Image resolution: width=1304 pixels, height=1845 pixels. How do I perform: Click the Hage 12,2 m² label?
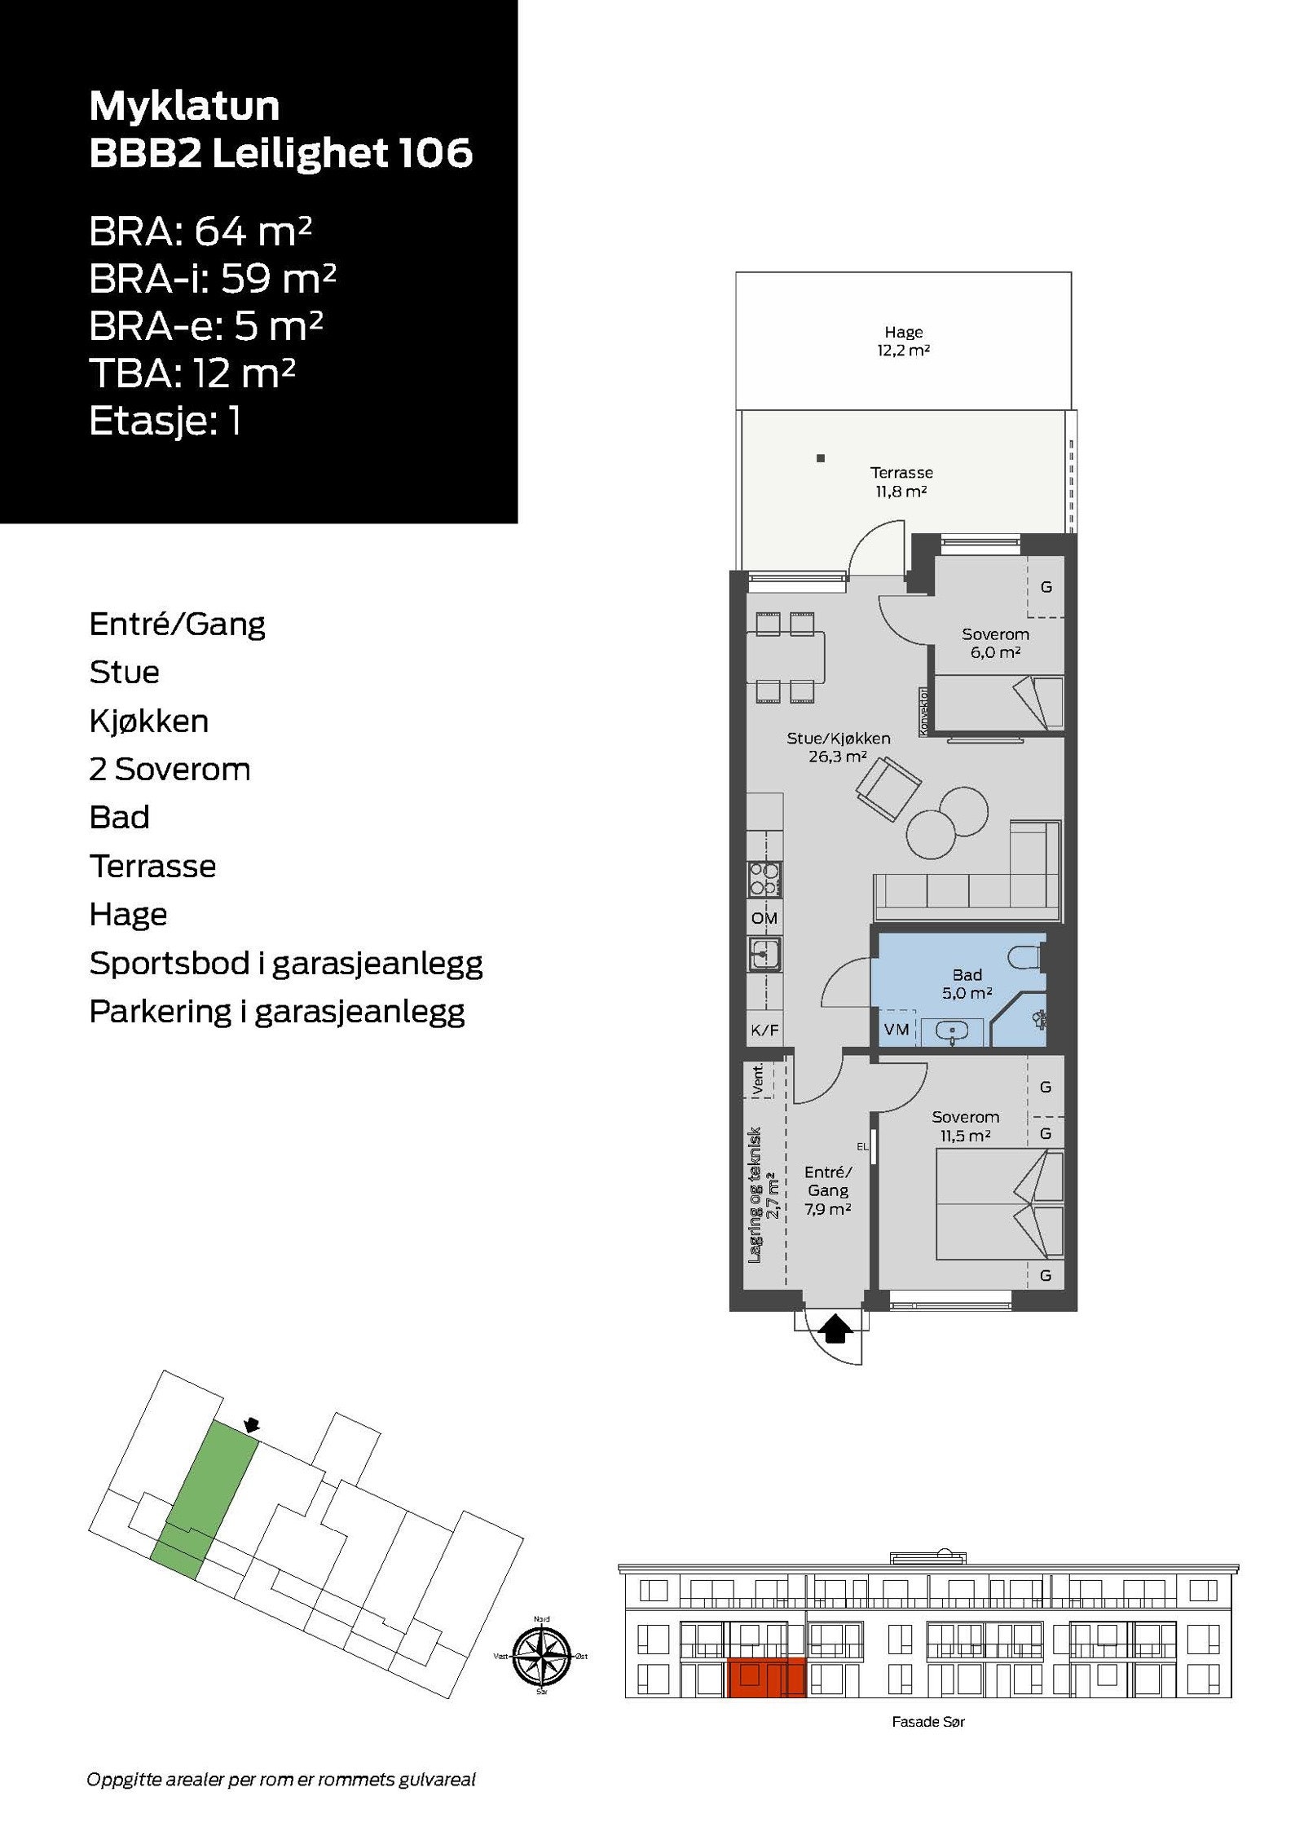click(x=903, y=341)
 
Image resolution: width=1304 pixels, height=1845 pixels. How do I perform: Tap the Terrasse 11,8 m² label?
click(x=901, y=481)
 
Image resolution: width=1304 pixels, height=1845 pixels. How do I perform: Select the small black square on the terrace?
click(x=821, y=458)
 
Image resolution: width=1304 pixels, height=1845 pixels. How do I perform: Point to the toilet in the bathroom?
click(x=1025, y=955)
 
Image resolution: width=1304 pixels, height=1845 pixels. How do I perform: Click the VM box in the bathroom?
click(x=896, y=1029)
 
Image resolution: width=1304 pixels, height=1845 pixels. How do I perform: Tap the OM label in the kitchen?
click(x=764, y=918)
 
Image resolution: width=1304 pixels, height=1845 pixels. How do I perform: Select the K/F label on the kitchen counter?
click(x=764, y=1030)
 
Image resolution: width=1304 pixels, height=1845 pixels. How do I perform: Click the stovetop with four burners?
click(x=764, y=880)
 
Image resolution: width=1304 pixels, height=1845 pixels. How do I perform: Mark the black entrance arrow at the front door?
click(x=835, y=1328)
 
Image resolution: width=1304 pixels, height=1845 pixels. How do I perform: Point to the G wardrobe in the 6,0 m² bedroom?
click(x=1046, y=587)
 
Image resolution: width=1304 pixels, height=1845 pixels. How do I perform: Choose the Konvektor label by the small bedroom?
click(x=923, y=712)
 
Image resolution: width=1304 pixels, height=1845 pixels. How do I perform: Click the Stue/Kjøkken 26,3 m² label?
click(x=838, y=747)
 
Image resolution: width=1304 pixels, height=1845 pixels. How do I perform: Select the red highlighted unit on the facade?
click(x=765, y=1678)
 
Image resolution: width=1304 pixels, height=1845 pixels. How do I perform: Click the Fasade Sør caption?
click(x=927, y=1722)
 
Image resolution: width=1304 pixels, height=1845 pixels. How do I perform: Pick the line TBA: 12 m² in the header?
click(x=192, y=373)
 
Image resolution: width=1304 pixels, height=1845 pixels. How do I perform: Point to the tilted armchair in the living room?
click(x=888, y=788)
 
